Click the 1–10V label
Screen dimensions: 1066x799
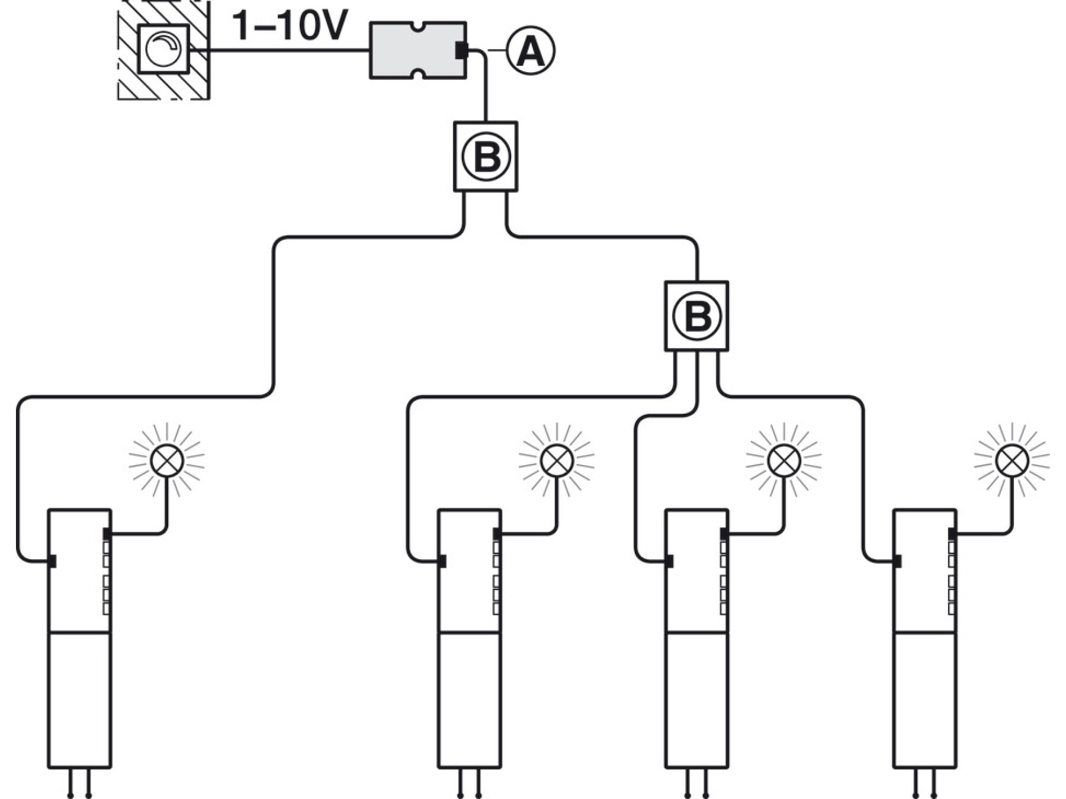290,26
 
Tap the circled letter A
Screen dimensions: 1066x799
530,50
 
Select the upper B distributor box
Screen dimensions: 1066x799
486,157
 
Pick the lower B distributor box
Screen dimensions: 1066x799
696,316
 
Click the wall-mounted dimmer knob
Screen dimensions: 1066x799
163,49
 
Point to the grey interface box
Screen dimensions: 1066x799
418,50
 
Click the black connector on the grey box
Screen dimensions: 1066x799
461,51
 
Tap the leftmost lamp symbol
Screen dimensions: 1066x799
167,460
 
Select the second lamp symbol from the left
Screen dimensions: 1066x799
557,460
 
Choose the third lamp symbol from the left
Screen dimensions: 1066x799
784,460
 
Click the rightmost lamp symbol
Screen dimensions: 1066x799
1012,460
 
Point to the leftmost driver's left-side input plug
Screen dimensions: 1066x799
52,560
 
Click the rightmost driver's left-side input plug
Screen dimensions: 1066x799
897,560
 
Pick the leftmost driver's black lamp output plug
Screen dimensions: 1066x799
107,534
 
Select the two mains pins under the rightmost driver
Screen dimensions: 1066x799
924,783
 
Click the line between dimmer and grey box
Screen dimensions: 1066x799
280,51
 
